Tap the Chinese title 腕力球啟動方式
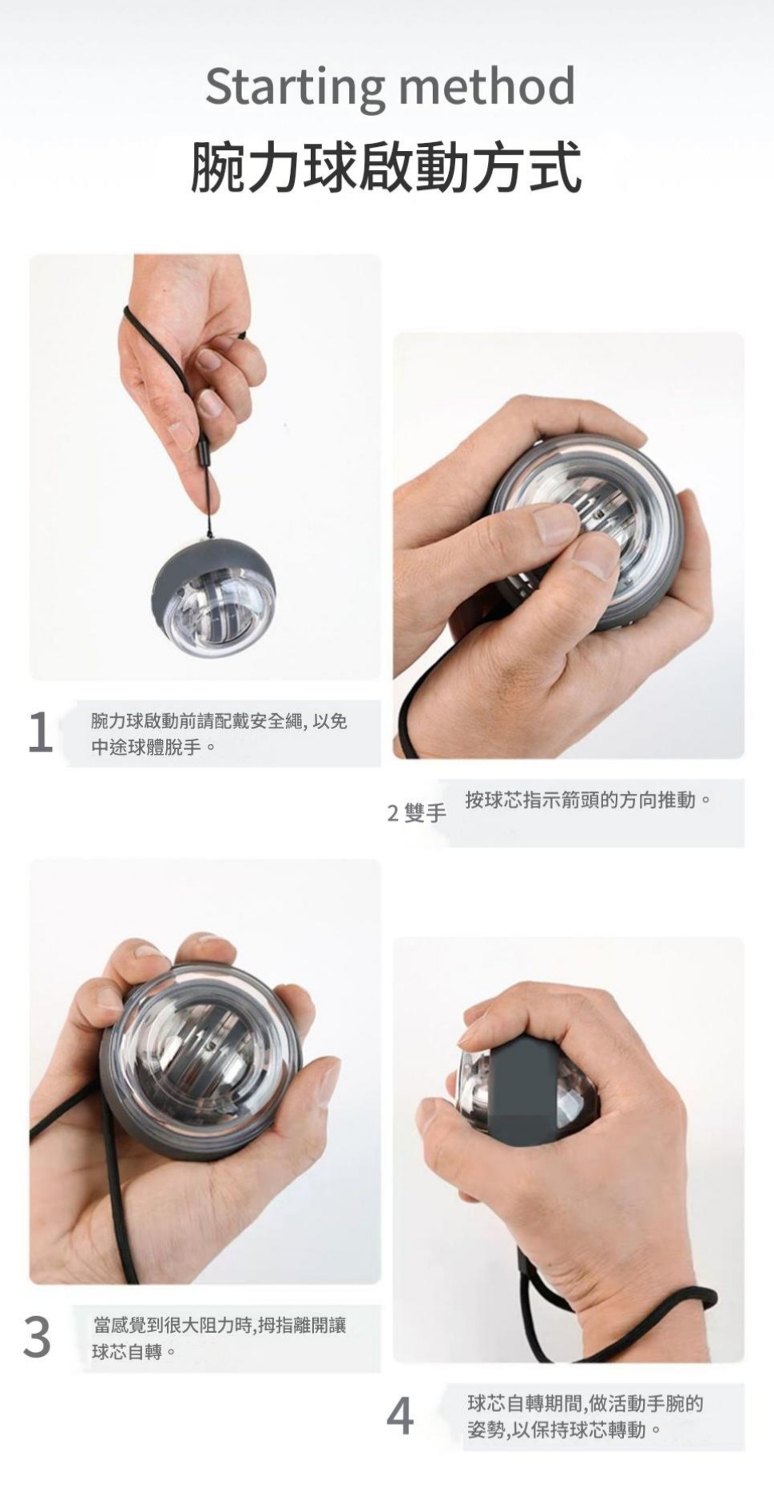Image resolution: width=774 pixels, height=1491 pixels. point(387,167)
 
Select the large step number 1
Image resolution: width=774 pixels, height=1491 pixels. point(39,732)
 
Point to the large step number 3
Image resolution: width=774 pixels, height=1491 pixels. point(38,1338)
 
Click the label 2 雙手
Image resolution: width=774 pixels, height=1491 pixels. point(416,813)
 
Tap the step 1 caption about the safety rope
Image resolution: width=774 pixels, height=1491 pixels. point(219,734)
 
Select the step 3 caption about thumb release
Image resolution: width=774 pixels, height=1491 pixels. point(220,1338)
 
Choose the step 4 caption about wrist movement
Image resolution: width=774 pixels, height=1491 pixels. point(585,1417)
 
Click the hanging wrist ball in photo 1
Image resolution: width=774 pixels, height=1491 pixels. point(213,597)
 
